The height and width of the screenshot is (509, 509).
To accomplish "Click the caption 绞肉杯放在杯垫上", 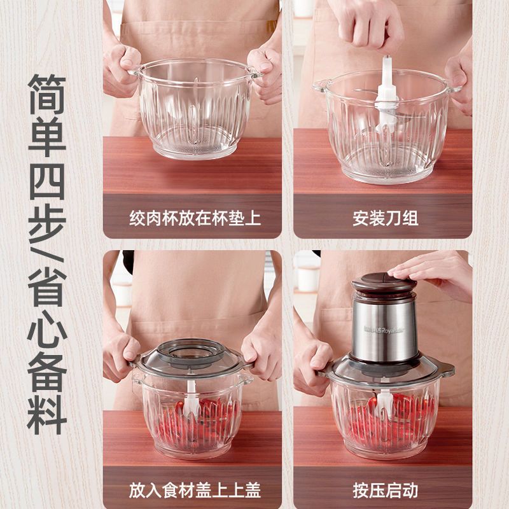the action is click(x=195, y=218).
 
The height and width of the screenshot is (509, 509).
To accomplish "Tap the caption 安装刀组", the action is click(x=386, y=218).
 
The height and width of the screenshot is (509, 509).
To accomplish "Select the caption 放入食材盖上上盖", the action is click(x=195, y=490).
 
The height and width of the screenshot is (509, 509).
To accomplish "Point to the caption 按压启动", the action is click(x=386, y=490).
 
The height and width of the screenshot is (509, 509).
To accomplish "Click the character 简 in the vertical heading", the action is click(x=47, y=94).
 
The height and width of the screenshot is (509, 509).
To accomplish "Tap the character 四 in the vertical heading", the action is click(x=47, y=182).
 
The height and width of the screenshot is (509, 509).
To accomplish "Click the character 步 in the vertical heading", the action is click(x=47, y=225).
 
